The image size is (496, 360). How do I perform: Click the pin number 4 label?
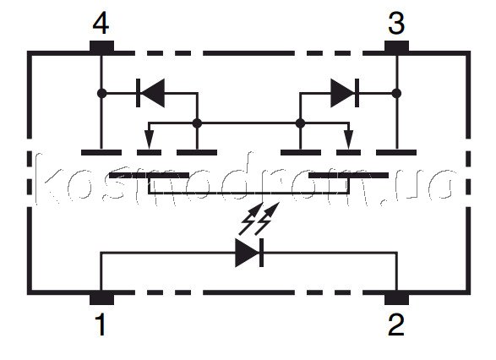101,24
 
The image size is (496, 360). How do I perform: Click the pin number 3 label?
396,24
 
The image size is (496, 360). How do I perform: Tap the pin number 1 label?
101,325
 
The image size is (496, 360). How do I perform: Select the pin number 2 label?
396,325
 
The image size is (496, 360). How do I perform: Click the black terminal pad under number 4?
102,46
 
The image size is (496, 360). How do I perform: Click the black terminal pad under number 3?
396,46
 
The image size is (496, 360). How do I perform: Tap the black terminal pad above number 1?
102,298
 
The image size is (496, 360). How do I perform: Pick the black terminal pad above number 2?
396,298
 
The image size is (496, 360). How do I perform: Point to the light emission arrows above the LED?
259,218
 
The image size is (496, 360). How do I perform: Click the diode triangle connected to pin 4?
152,93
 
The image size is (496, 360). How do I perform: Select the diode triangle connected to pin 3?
343,93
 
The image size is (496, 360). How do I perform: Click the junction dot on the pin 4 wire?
102,93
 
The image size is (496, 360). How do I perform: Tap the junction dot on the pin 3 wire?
396,93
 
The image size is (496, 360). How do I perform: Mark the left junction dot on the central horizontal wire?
197,123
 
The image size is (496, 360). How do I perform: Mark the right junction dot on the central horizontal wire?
300,123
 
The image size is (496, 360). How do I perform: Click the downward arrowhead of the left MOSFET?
149,139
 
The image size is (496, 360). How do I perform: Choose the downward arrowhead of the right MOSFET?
349,139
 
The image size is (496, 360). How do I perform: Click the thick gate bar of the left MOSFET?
149,175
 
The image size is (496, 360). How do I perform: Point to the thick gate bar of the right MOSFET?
349,175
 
